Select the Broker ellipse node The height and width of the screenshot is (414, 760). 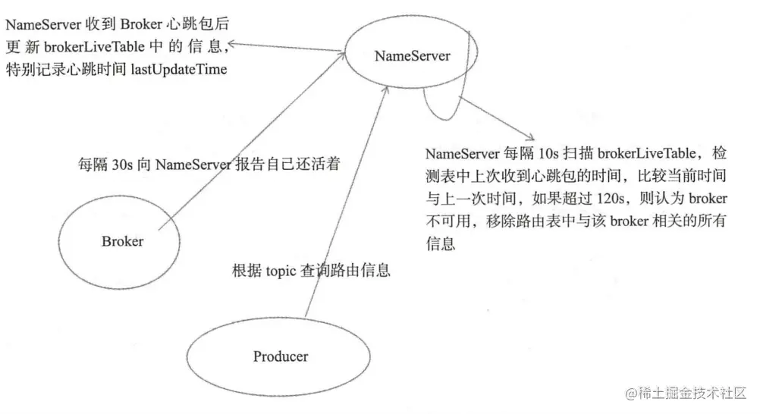[121, 241]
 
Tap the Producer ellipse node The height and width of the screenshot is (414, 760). [280, 356]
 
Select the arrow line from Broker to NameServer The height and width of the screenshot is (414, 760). [250, 140]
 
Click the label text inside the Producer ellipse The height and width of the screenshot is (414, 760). [280, 356]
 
